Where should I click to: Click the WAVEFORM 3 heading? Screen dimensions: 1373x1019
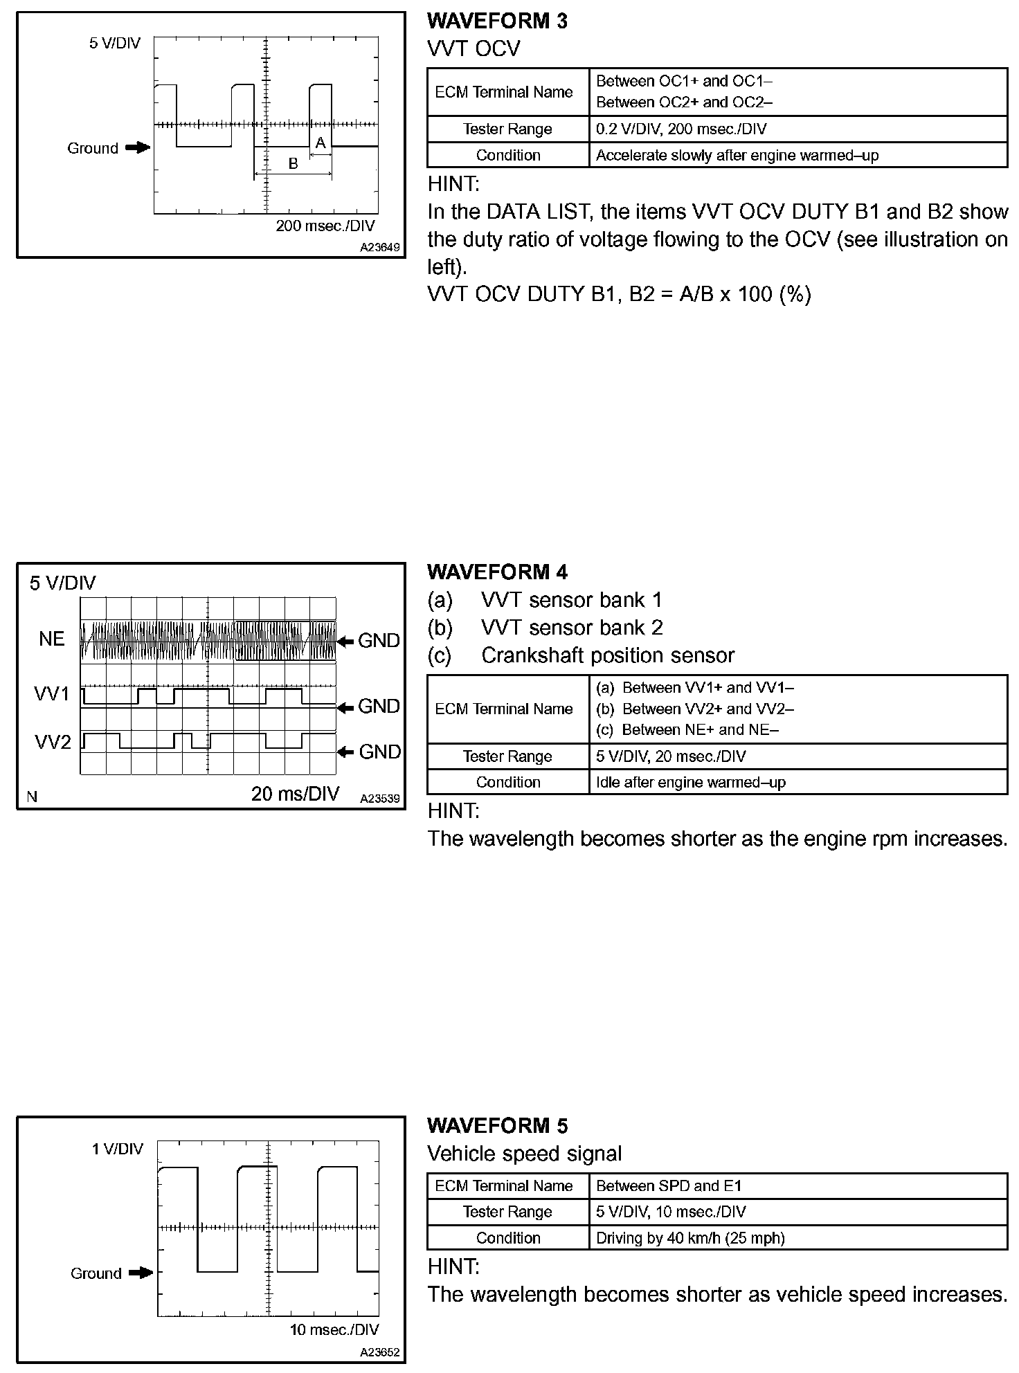[x=497, y=21]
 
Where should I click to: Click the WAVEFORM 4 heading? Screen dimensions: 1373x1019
[x=497, y=572]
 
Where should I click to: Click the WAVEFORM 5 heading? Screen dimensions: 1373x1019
[x=497, y=1126]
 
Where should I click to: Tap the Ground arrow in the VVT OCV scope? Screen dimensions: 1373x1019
[x=138, y=147]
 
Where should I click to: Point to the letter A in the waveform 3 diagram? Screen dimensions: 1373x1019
[x=321, y=143]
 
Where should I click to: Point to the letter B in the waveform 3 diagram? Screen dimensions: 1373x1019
[x=293, y=164]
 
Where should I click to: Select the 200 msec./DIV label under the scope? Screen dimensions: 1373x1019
[x=325, y=226]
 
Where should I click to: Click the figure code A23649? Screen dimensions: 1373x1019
[x=379, y=247]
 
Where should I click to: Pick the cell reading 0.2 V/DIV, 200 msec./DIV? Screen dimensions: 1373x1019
[x=681, y=129]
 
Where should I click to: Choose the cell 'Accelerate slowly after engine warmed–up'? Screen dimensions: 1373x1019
[x=737, y=156]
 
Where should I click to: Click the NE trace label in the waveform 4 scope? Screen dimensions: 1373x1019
[x=52, y=639]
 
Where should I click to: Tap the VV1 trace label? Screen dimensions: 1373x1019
[x=53, y=694]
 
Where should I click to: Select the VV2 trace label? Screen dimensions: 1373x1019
[x=53, y=743]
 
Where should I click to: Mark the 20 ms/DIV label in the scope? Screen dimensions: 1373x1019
[x=296, y=794]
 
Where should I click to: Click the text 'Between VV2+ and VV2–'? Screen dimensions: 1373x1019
[x=707, y=709]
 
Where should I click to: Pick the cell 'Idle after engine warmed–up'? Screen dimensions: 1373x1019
[x=691, y=783]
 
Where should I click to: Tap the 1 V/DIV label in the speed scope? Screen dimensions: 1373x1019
[x=117, y=1149]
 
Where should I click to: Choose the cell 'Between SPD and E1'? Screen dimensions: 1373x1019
[x=669, y=1186]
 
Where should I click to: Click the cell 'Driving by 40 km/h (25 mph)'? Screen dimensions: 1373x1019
[x=690, y=1238]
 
